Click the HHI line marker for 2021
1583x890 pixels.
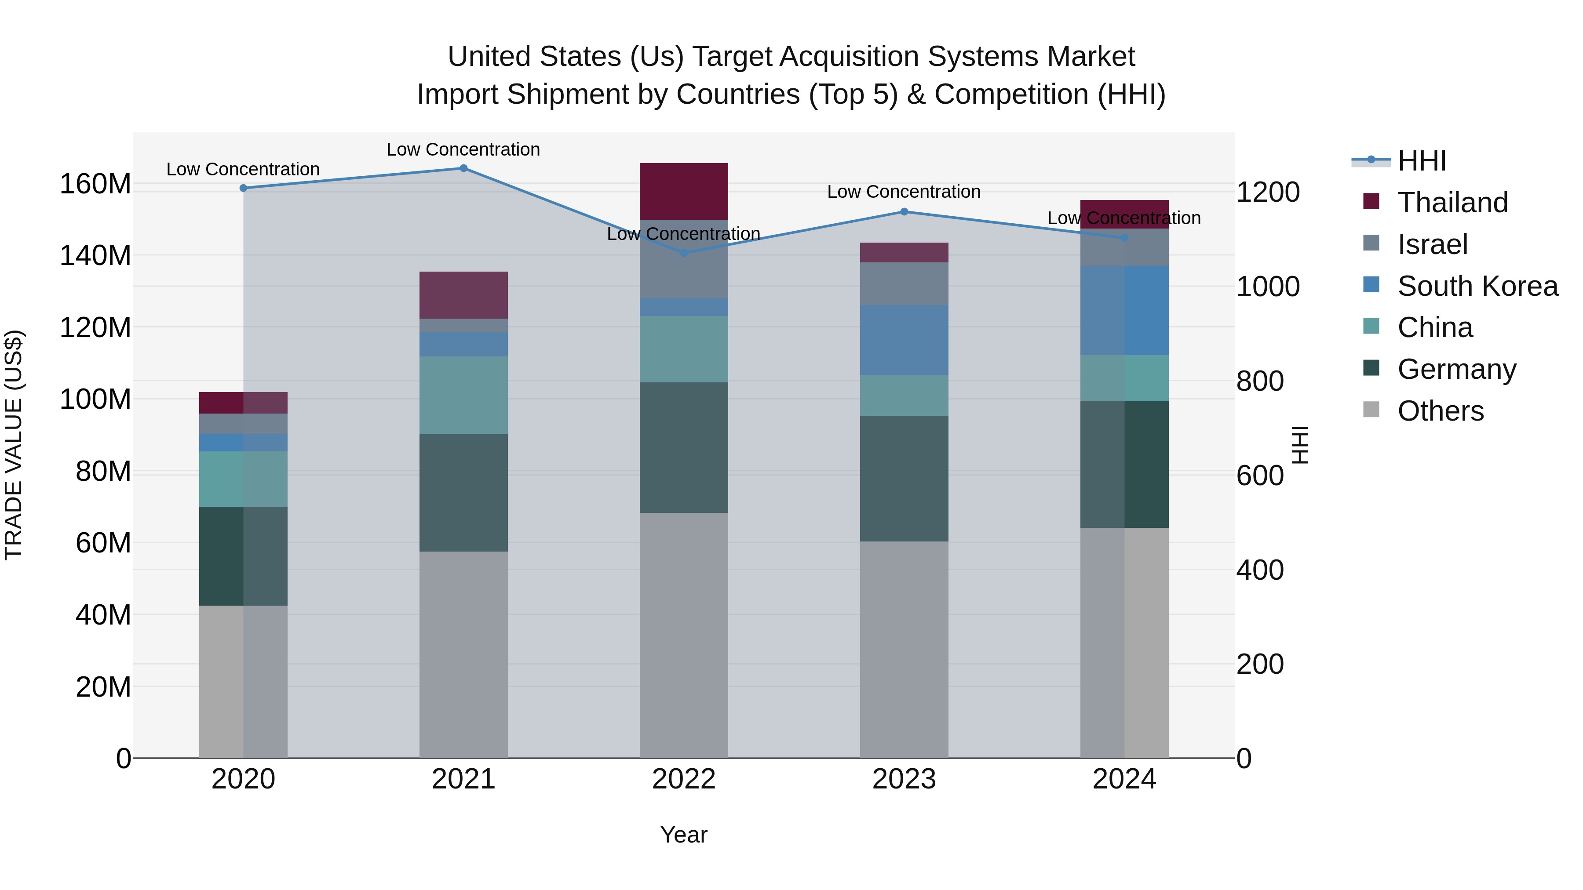(x=463, y=168)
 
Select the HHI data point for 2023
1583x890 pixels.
(x=904, y=212)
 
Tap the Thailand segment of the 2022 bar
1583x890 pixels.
(x=683, y=191)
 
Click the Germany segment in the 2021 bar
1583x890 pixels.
(x=463, y=493)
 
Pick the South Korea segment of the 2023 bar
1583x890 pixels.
(x=904, y=340)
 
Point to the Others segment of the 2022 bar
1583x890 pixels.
(x=683, y=635)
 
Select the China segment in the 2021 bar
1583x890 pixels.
(x=463, y=395)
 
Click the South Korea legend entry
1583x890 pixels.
(x=1477, y=286)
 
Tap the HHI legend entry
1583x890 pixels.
(x=1421, y=161)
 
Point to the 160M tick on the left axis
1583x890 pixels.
(x=95, y=184)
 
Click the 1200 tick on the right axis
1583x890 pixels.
(x=1267, y=192)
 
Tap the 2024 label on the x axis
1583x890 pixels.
(x=1124, y=779)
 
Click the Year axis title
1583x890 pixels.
(x=683, y=835)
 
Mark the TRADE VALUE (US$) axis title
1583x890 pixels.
(x=14, y=445)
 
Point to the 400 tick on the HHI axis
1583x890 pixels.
(x=1259, y=570)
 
